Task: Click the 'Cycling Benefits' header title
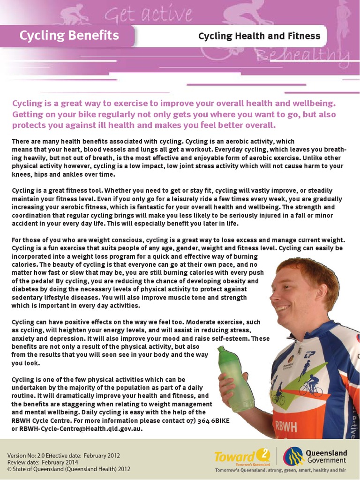[x=69, y=35]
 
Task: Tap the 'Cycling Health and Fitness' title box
[x=259, y=36]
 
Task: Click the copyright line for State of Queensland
[x=69, y=468]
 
